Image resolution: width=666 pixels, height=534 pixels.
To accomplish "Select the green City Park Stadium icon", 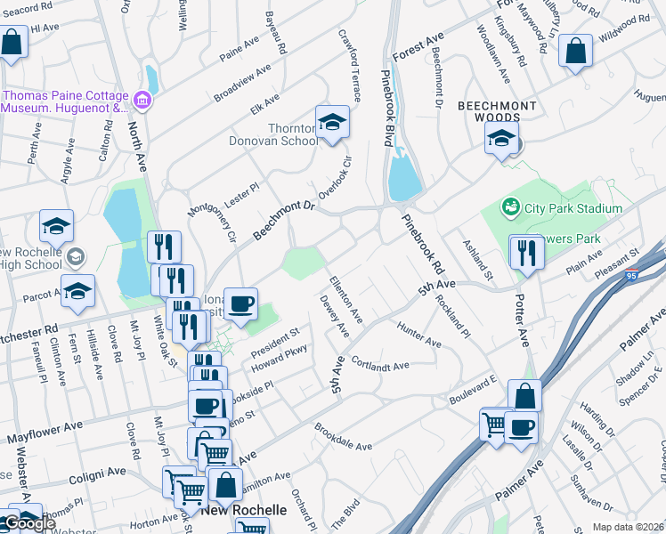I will (x=510, y=208).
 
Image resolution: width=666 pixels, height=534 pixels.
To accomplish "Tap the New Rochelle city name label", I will (x=243, y=511).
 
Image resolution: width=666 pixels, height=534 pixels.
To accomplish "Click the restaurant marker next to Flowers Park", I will (x=527, y=252).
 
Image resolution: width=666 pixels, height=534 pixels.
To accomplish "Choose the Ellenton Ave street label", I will (x=346, y=301).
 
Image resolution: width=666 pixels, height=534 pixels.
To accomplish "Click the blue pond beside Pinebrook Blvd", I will (x=404, y=175).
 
